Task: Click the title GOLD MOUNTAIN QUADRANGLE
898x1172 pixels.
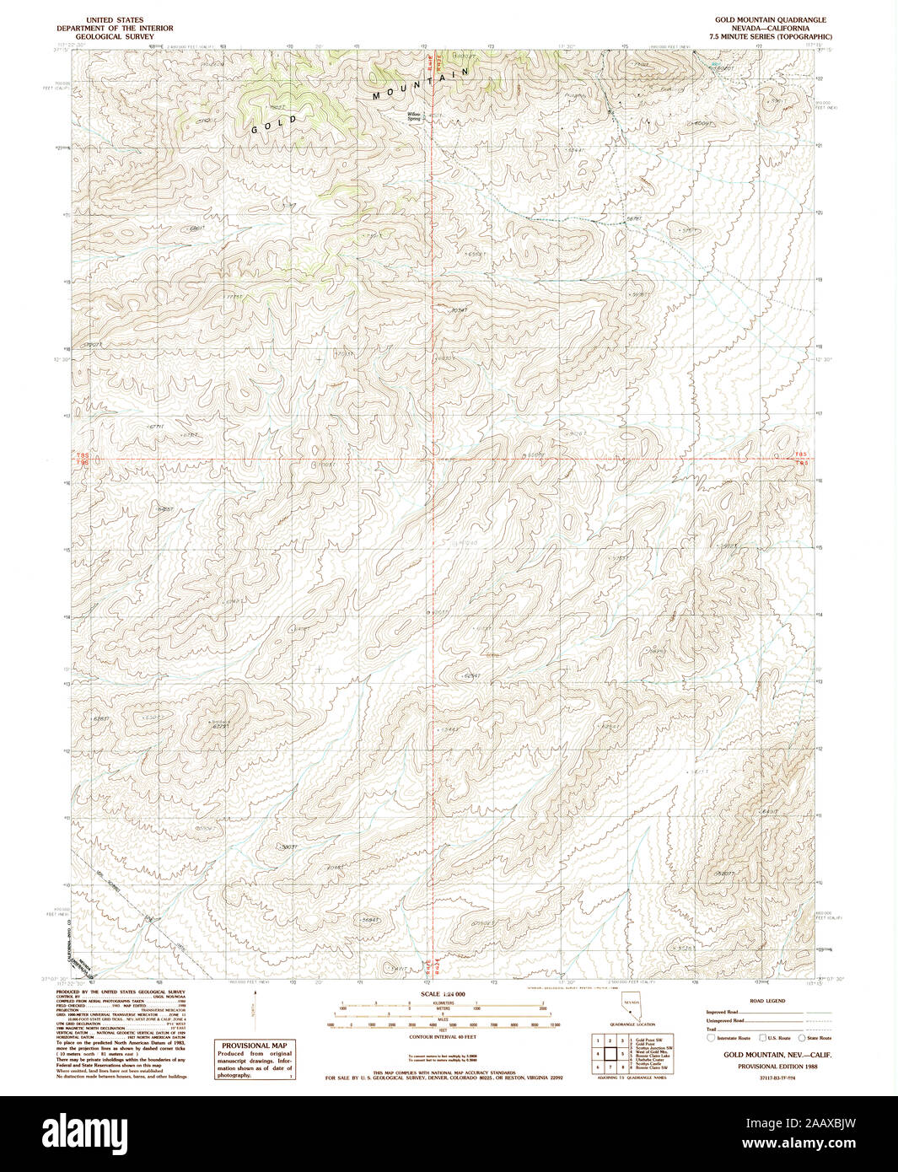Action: tap(771, 19)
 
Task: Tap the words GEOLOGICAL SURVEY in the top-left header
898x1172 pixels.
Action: tap(114, 37)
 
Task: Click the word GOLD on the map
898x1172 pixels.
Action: tap(275, 125)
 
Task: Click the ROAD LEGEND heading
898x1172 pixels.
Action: tap(768, 1001)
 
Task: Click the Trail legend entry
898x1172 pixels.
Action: tap(712, 1029)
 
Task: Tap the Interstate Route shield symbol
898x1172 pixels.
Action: tap(712, 1038)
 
